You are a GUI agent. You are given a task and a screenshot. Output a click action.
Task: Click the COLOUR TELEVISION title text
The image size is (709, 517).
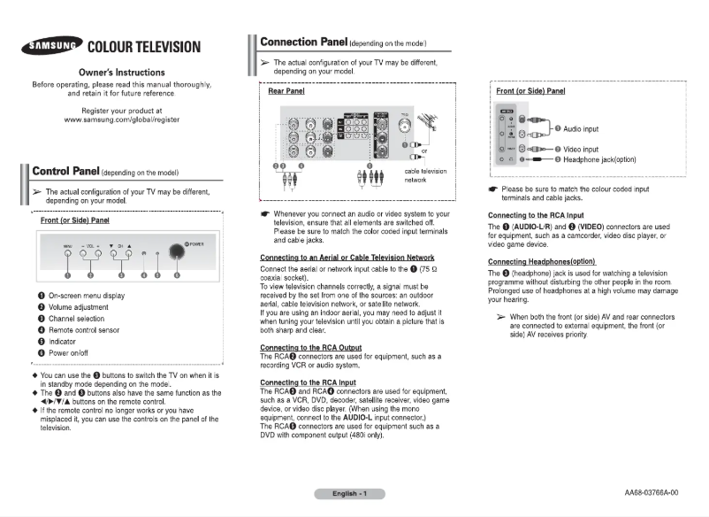tap(144, 47)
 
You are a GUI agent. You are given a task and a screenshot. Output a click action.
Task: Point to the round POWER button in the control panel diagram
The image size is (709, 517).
tap(176, 252)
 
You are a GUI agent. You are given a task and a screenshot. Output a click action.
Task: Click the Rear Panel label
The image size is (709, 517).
tap(286, 91)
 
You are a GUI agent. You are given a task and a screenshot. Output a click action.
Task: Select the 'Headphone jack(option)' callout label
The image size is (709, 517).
tap(613, 159)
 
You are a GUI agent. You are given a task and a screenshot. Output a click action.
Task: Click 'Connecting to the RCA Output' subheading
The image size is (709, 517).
tap(310, 347)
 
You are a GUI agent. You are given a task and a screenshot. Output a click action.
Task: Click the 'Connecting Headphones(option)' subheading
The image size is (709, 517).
tap(542, 262)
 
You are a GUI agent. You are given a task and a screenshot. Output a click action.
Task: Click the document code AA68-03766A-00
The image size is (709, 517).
tap(651, 492)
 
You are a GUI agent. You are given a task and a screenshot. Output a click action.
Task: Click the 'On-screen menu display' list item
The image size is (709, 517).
tap(87, 296)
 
